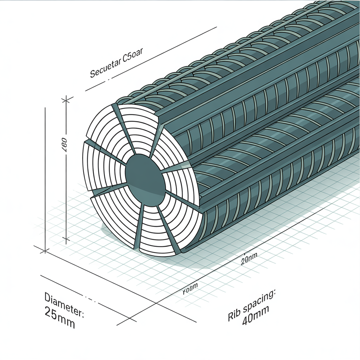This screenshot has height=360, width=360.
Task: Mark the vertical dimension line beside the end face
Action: tap(67, 169)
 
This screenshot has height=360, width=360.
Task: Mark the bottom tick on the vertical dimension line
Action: tap(66, 240)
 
